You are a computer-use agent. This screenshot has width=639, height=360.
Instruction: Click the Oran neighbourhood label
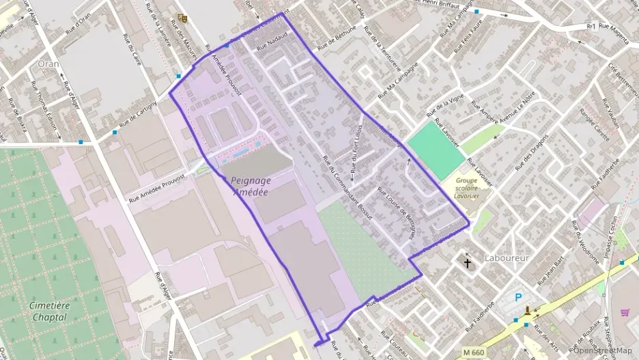(x=48, y=64)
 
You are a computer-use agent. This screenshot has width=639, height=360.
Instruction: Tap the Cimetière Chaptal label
(x=49, y=311)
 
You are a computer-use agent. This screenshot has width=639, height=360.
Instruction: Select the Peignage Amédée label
(x=251, y=186)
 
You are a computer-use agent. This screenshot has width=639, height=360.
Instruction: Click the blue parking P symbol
(x=519, y=298)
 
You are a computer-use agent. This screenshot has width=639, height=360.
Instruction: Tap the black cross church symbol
(x=468, y=262)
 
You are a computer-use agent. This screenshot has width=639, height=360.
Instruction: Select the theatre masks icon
(x=182, y=18)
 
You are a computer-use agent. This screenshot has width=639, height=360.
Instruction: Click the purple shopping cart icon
(x=625, y=312)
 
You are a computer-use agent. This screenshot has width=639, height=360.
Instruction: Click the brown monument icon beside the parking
(x=527, y=312)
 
